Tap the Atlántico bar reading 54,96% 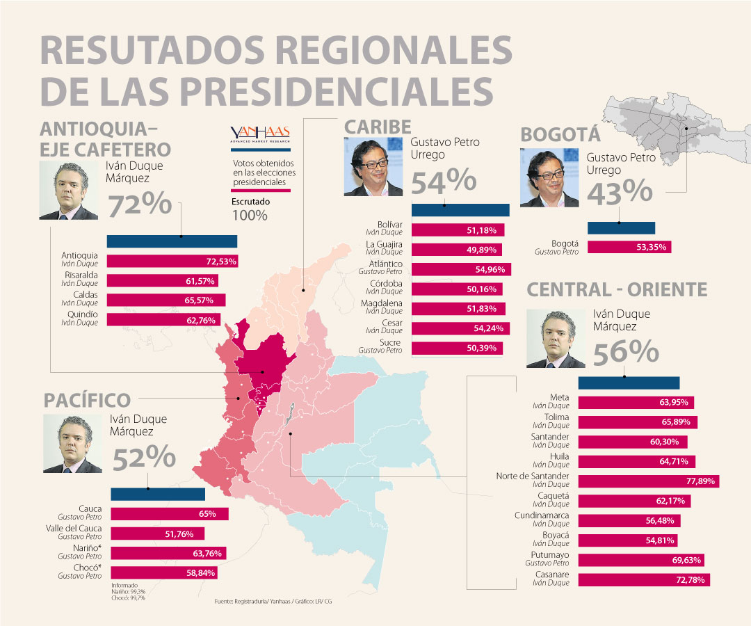tap(462, 268)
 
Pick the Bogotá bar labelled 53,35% tap(629, 246)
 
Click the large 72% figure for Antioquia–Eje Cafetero tap(139, 206)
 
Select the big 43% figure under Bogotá tap(620, 193)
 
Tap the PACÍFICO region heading tap(87, 400)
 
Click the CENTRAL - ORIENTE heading tap(617, 289)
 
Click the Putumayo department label tap(551, 555)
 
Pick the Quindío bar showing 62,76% tap(164, 320)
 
